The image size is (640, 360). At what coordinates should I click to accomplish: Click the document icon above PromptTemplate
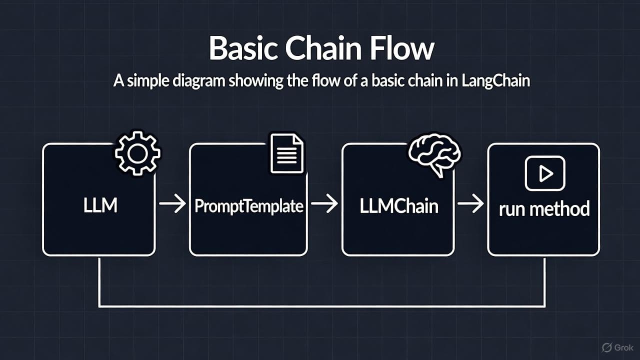tap(286, 153)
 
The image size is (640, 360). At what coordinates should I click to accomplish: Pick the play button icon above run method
tap(544, 173)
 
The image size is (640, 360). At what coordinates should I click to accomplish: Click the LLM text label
tap(100, 205)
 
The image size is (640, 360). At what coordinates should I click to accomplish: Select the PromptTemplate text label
tap(248, 206)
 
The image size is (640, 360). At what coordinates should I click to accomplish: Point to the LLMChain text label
tap(398, 205)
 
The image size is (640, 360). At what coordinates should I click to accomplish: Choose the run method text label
tap(544, 208)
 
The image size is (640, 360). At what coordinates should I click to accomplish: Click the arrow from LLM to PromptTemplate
tap(172, 204)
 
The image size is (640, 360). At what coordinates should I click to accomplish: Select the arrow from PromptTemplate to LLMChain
tap(324, 204)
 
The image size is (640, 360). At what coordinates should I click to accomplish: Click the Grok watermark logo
tap(617, 347)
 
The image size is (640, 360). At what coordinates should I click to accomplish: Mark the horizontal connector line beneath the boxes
tap(322, 305)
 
